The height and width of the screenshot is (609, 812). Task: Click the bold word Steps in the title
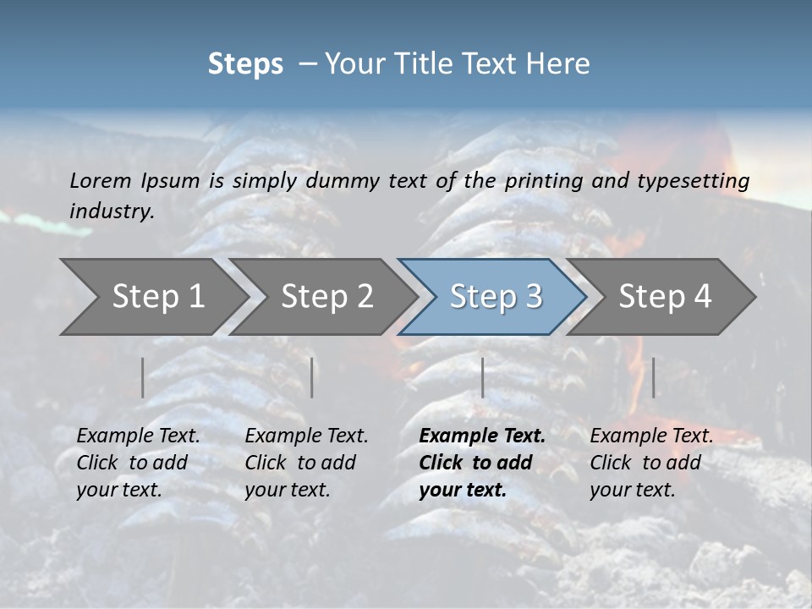click(x=245, y=64)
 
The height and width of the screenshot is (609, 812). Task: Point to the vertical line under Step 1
click(x=143, y=377)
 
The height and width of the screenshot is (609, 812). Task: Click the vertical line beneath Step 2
click(x=312, y=377)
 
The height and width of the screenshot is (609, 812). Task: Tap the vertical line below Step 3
click(x=482, y=377)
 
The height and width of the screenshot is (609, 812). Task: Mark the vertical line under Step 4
click(x=653, y=377)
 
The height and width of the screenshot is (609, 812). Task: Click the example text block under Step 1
click(x=138, y=463)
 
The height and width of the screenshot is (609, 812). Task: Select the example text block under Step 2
click(x=306, y=463)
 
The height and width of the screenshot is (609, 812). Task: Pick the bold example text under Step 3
click(x=482, y=463)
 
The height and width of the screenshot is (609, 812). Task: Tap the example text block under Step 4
click(x=651, y=463)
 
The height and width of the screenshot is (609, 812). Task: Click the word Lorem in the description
click(x=101, y=180)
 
